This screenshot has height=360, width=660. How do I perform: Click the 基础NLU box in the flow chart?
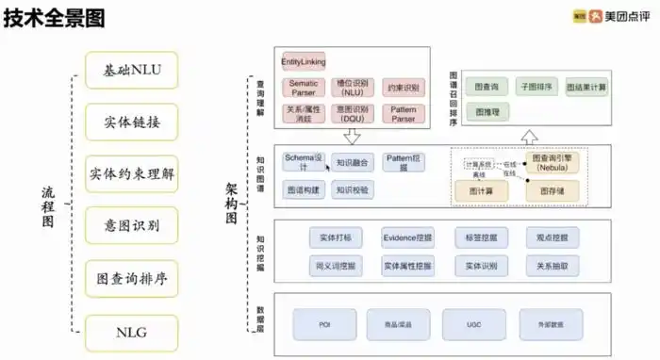coord(131,69)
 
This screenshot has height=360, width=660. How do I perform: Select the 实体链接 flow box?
coord(131,122)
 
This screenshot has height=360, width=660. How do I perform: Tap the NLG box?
coord(131,333)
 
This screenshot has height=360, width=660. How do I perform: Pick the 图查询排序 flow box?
coord(131,280)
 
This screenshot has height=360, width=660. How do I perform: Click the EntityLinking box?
coord(303,62)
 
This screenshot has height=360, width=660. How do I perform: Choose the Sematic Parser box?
coord(303,88)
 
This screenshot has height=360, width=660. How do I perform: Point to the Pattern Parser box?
coord(403,114)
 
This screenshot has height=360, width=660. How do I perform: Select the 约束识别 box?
coord(403,88)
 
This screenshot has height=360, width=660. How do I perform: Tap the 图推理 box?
coord(487,111)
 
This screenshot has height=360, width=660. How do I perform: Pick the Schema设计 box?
coord(304,161)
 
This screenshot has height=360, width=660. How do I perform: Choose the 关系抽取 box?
coord(552,267)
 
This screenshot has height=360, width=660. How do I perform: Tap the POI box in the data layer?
coord(323,324)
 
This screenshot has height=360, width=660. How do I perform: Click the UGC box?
coord(474,324)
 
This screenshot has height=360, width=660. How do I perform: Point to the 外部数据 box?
coord(550,324)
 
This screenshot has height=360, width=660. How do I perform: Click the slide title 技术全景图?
coord(54,19)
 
